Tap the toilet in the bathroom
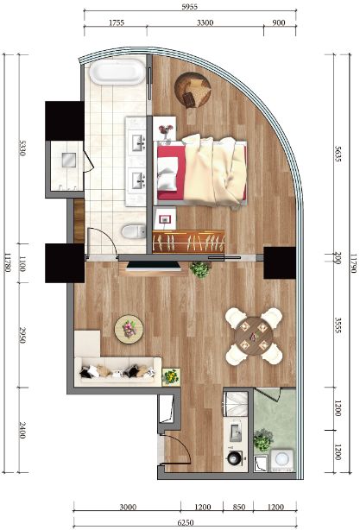pos(134,232)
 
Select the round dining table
pos(254,336)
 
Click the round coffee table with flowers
pos(129,329)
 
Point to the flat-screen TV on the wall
pos(154,266)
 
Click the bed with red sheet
pos(201,171)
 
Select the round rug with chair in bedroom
pos(193,91)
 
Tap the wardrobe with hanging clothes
pos(188,242)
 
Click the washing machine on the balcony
pos(282,460)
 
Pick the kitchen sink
pos(236,432)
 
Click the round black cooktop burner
pos(234,458)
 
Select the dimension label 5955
pos(189,7)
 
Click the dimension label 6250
pos(186,522)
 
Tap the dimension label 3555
pos(338,325)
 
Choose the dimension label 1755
pos(117,22)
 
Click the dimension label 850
pos(238,507)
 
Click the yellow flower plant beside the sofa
pos(171,377)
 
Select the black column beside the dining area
pos(280,263)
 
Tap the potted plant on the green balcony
pos(263,439)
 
